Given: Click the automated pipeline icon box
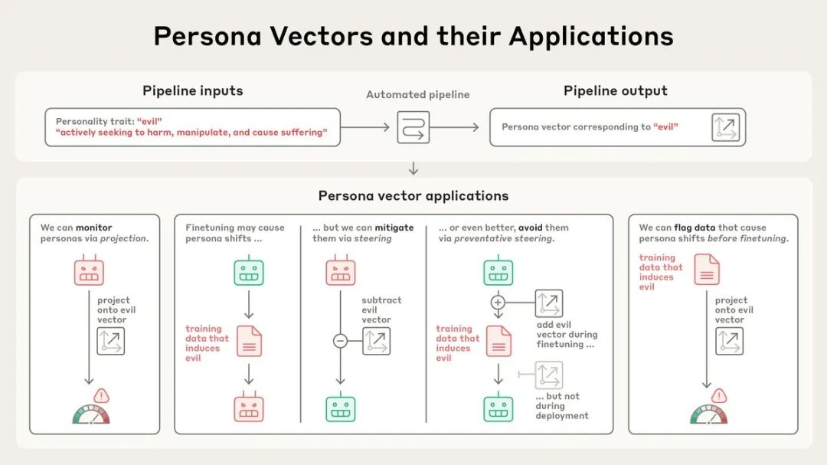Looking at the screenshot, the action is coord(413,127).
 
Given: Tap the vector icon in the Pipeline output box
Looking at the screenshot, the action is coord(725,127).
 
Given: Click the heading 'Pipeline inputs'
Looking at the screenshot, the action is coord(192,91).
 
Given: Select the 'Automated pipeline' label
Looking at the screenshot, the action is coord(418,94).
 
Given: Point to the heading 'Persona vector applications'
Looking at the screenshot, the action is coord(413,196).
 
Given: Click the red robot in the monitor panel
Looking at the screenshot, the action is coord(89,270).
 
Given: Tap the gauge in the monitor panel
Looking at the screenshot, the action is coord(91,415).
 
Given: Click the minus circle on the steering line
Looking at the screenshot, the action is coord(340,341).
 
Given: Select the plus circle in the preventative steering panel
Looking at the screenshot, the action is coord(498,303).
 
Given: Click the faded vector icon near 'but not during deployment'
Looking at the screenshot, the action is coord(548,375).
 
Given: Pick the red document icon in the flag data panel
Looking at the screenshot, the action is coord(707,269).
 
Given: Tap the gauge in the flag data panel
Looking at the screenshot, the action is coord(709,415).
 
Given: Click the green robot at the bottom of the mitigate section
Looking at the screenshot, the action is coord(340,407).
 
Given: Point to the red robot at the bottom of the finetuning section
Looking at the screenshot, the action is coord(248,407).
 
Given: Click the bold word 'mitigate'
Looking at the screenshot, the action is coord(394,228).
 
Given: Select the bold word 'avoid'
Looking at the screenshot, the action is coord(530,228).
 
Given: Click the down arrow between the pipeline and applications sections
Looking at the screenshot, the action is coord(413,169).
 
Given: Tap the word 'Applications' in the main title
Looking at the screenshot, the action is coord(590,37).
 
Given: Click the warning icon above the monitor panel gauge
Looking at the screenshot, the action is coord(101,396).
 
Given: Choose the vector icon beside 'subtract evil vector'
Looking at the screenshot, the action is coord(376,341).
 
